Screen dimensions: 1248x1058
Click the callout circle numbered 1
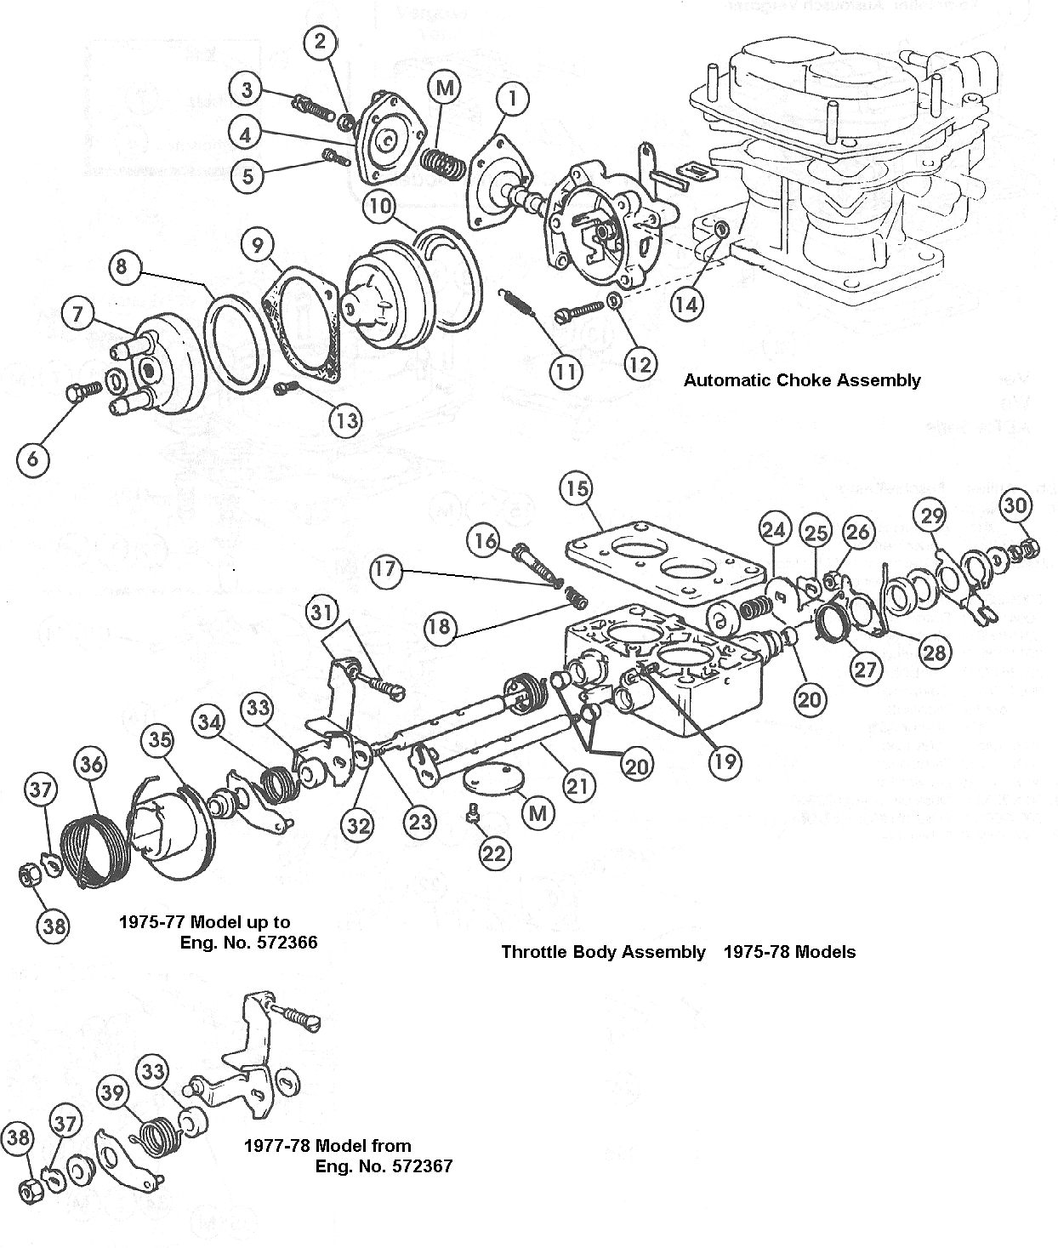[x=512, y=99]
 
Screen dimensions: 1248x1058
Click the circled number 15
[x=577, y=488]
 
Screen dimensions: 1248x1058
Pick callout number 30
[x=1015, y=504]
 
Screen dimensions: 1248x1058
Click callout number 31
[x=322, y=612]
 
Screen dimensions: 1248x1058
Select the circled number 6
[x=32, y=460]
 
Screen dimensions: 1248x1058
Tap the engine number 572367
[x=412, y=1166]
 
